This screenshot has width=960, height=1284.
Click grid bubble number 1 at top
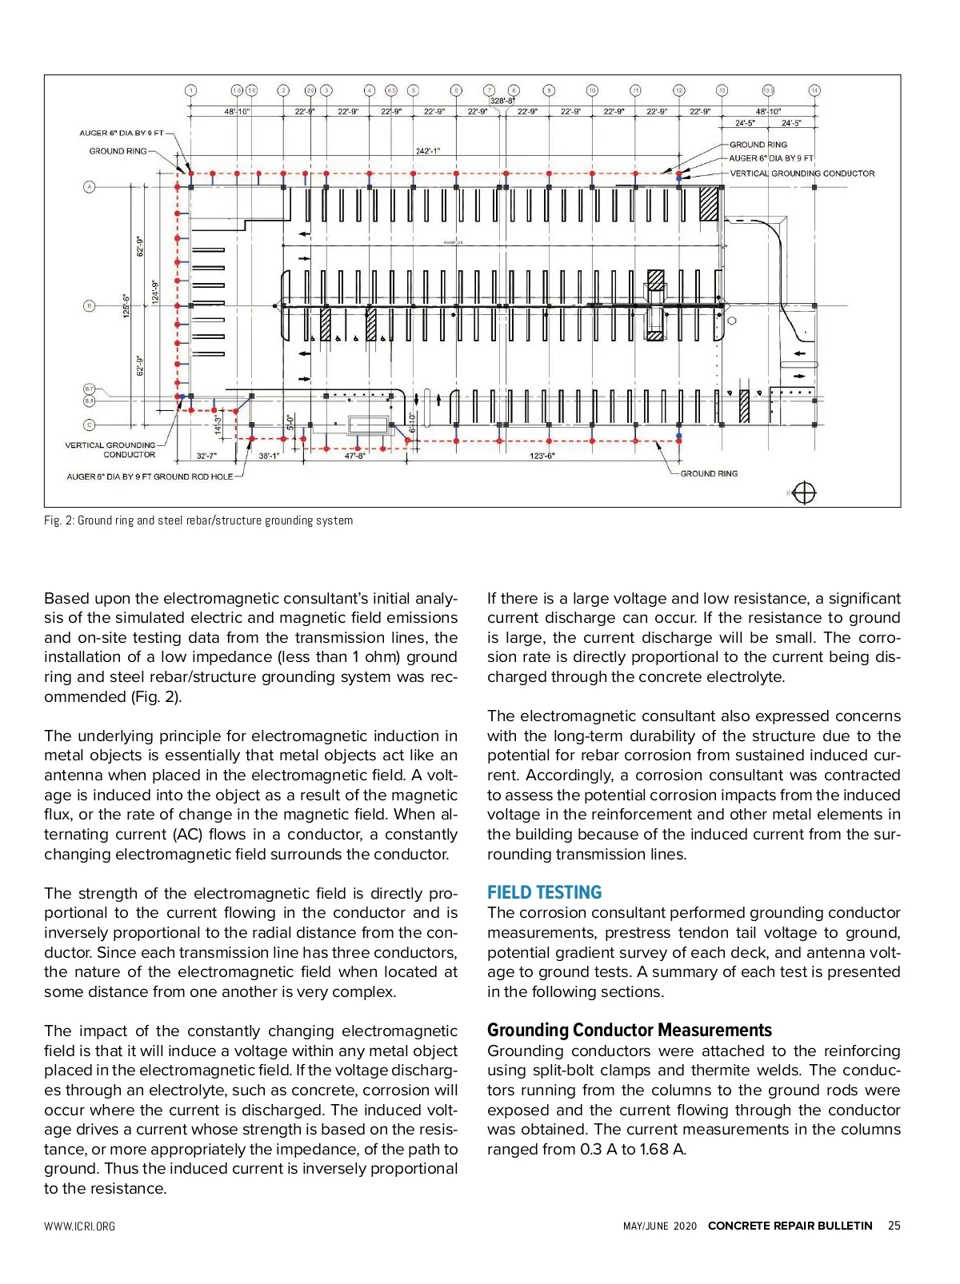click(190, 90)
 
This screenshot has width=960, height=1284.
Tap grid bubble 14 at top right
click(814, 90)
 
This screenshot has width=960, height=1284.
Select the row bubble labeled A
click(90, 187)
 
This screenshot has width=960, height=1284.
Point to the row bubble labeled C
click(90, 425)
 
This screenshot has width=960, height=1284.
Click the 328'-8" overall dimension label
click(502, 101)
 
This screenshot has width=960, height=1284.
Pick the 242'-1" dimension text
click(428, 151)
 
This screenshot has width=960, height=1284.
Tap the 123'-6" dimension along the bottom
click(542, 456)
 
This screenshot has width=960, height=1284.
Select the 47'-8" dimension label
click(354, 456)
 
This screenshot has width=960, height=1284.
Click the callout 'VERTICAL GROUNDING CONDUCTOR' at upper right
click(802, 173)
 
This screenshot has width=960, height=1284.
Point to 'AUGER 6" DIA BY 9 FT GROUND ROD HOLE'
click(150, 477)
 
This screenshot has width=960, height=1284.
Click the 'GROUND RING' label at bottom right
click(709, 473)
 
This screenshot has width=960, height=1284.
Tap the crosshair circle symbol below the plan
click(804, 493)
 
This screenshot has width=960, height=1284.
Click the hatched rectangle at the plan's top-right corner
click(709, 203)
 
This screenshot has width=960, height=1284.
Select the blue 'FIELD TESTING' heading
click(544, 892)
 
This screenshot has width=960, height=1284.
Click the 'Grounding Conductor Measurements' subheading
click(629, 1030)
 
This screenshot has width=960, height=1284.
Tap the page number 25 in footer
click(894, 1226)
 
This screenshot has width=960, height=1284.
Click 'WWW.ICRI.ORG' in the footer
click(79, 1226)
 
